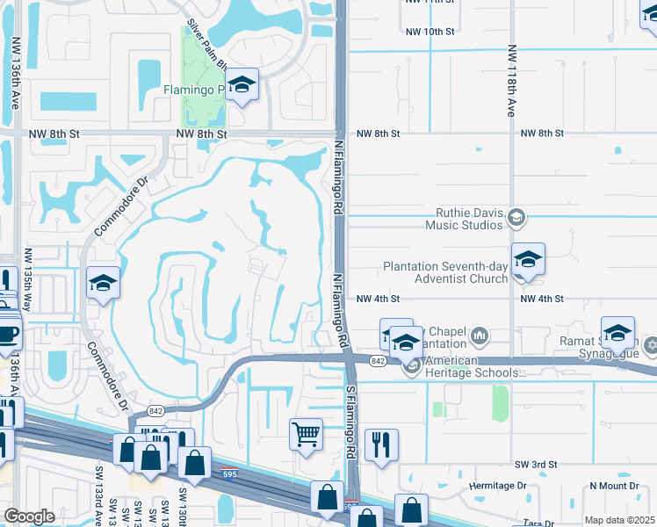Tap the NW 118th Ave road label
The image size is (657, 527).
click(x=510, y=82)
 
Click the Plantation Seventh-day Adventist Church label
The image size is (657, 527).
click(x=445, y=272)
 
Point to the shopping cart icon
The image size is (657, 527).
click(x=306, y=434)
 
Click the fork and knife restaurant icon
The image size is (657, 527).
click(x=381, y=444)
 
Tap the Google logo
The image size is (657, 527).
click(x=29, y=516)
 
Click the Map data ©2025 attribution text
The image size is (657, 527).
click(x=619, y=520)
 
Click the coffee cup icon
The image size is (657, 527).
click(x=9, y=335)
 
